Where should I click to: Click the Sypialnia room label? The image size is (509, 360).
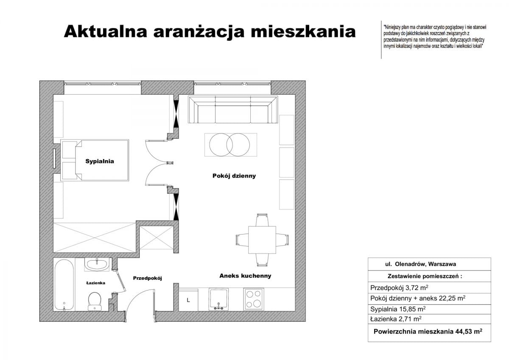click(x=100, y=162)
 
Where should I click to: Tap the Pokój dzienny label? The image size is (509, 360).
click(x=234, y=176)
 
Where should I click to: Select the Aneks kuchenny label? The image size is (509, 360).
click(x=245, y=276)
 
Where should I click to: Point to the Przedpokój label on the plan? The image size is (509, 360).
click(x=148, y=278)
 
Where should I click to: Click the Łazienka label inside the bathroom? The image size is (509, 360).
click(x=95, y=282)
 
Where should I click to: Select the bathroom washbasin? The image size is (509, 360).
click(x=97, y=265)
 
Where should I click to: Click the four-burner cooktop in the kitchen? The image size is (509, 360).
click(x=254, y=299)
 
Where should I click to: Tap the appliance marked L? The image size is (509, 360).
click(x=188, y=300)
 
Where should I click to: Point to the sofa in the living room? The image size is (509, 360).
click(x=232, y=110)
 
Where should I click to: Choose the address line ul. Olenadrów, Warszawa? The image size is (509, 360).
click(x=420, y=264)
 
